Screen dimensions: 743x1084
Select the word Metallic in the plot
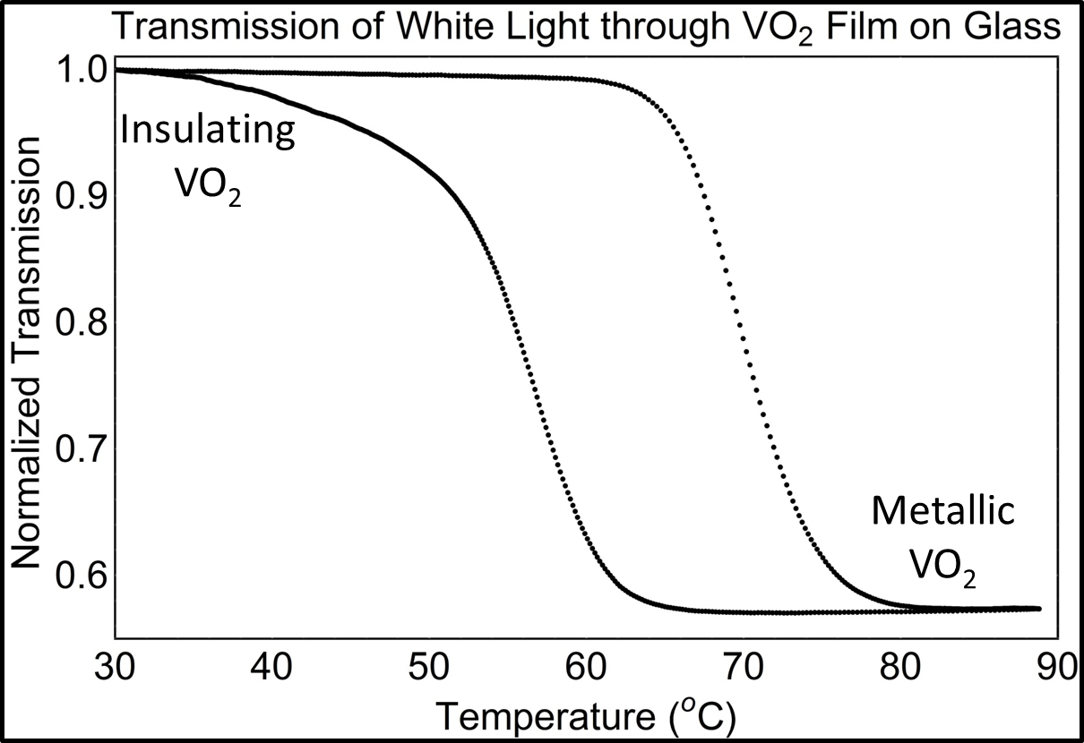pyautogui.click(x=943, y=513)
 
